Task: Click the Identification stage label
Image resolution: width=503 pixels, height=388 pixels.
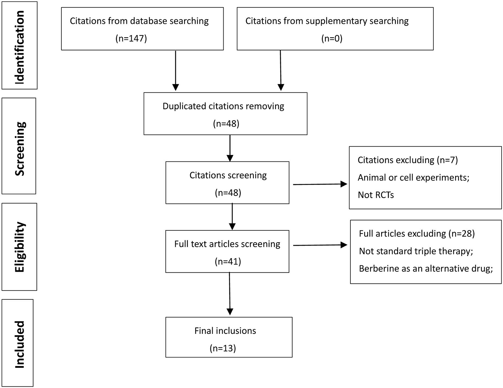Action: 20,46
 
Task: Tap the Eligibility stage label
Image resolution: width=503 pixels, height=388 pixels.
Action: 20,247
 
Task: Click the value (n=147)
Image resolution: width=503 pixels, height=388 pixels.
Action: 131,38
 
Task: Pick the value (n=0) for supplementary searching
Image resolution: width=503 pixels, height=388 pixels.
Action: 332,38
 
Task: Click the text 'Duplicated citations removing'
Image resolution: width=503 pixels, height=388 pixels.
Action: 223,106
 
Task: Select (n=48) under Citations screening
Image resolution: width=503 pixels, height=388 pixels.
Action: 228,193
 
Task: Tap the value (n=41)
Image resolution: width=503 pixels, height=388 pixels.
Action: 228,261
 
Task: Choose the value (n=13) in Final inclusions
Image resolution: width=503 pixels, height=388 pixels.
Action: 223,348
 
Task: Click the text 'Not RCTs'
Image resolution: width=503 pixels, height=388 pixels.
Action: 376,195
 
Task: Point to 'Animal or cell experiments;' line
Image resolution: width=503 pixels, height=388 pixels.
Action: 413,177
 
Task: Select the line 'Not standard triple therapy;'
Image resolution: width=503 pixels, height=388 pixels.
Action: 416,251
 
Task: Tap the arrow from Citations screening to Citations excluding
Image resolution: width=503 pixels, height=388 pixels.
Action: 319,184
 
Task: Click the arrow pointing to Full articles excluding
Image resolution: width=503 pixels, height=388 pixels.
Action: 319,245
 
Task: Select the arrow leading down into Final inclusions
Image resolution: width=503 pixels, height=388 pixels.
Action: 230,293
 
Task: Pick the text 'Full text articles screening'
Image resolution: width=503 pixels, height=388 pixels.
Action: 227,244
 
